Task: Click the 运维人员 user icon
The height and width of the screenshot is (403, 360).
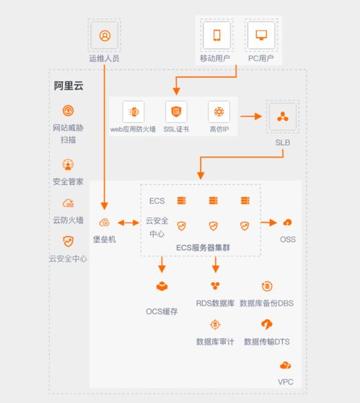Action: click(x=105, y=35)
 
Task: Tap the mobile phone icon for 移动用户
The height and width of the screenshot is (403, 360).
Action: click(x=217, y=35)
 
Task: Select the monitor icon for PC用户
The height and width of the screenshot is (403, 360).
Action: click(x=261, y=35)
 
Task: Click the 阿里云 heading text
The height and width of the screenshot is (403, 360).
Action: click(x=69, y=86)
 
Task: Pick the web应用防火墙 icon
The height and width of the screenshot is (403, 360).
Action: click(x=133, y=112)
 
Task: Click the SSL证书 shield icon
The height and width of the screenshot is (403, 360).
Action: click(x=176, y=111)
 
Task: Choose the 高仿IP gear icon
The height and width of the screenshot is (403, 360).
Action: click(x=219, y=111)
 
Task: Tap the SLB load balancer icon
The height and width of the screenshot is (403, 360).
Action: click(x=283, y=117)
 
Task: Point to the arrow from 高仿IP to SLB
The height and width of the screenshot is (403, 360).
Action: click(x=251, y=116)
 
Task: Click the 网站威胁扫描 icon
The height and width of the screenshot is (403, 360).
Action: click(x=69, y=110)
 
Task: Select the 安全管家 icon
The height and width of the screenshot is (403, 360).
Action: click(x=68, y=165)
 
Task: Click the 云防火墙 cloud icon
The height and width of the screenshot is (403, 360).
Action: click(x=68, y=203)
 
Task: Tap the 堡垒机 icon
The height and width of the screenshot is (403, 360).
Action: click(x=105, y=222)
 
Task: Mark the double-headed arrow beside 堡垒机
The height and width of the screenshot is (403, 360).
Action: click(x=128, y=222)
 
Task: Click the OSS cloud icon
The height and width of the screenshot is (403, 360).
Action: click(x=287, y=222)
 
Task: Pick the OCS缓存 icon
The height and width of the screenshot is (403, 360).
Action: click(x=162, y=286)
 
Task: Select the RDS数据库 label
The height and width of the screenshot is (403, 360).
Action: click(x=215, y=303)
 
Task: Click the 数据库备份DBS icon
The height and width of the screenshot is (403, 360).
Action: click(x=267, y=286)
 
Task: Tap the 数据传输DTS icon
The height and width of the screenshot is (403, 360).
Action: click(x=267, y=324)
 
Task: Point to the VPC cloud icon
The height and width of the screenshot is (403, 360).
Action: click(x=285, y=365)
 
